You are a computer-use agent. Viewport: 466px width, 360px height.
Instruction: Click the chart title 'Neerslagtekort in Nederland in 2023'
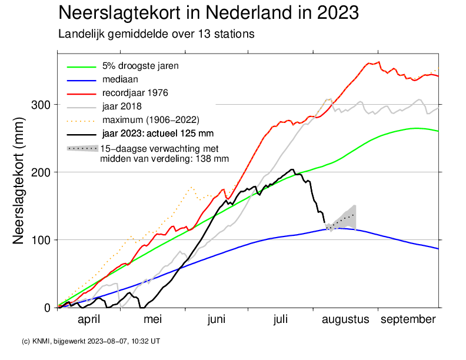click(x=209, y=12)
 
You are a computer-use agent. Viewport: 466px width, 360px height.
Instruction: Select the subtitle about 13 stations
click(x=156, y=34)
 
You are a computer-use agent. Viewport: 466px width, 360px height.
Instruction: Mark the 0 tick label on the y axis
click(x=48, y=308)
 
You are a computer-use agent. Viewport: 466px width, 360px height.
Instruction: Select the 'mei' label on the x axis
click(x=152, y=319)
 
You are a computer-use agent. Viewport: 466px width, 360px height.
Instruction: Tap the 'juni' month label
click(x=217, y=319)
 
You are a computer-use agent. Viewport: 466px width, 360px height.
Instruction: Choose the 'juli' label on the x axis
click(x=281, y=319)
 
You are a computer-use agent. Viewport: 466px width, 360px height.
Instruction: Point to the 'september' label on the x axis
click(x=408, y=319)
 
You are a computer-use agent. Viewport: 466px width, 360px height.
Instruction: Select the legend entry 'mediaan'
click(x=119, y=79)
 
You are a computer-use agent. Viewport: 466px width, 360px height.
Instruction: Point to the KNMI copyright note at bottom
click(x=91, y=341)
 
